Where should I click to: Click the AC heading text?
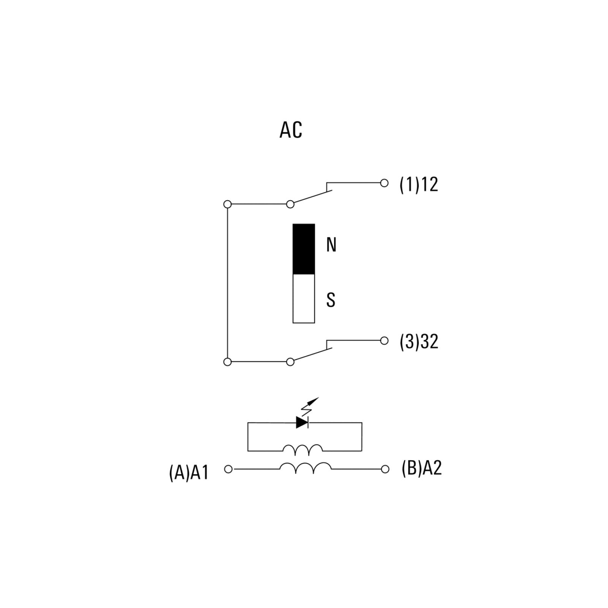coord(291,130)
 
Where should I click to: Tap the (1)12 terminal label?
coord(419,184)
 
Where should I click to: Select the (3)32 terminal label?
coord(419,341)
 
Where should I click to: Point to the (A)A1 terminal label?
coord(189,473)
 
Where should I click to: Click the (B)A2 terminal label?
coord(422,468)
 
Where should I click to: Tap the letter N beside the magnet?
coord(331,245)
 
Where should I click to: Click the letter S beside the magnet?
coord(331,300)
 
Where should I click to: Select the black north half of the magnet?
coord(304,249)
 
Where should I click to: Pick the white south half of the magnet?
coord(304,299)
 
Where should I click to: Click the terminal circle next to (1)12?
coord(385,183)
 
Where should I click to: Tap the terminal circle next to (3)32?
coord(385,340)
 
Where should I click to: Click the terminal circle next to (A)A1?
coord(228,469)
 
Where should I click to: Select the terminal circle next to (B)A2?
coord(385,469)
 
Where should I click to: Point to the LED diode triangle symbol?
coord(302,422)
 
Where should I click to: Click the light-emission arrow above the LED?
coord(310,406)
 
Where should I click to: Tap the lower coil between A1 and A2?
coord(306,468)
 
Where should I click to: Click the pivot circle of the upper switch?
coord(290,204)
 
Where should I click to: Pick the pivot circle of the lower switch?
coord(290,362)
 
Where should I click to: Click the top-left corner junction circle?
coord(228,204)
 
